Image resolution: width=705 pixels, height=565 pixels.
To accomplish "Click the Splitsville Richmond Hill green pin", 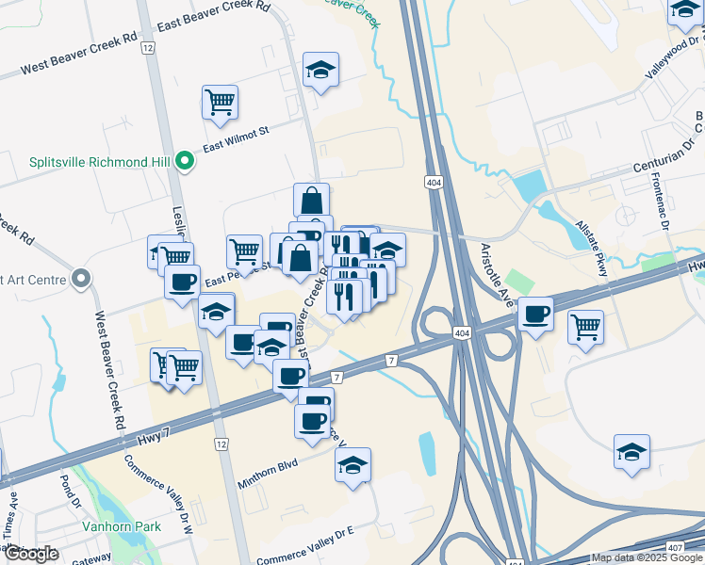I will coord(186,161).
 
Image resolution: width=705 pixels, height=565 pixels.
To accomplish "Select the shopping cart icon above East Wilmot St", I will coord(220,101).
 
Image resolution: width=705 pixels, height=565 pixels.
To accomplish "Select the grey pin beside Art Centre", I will coord(81,279).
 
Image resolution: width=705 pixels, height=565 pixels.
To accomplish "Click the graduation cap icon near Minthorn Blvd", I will coord(352,464).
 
